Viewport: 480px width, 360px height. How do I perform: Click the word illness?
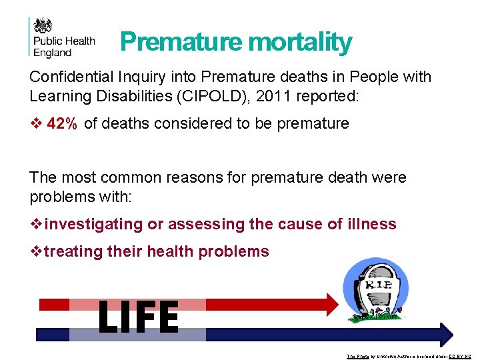click(x=371, y=225)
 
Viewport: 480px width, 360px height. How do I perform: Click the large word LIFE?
click(x=139, y=317)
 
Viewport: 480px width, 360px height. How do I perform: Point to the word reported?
click(x=327, y=96)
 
